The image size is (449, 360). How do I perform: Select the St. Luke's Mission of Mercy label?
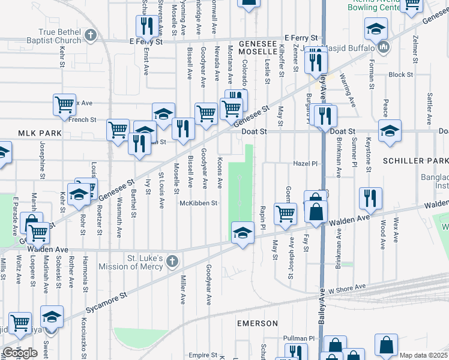142,263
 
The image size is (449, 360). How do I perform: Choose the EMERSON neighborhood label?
257,323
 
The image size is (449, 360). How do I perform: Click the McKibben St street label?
198,203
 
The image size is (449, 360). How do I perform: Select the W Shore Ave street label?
346,287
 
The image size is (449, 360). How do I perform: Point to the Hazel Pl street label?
304,163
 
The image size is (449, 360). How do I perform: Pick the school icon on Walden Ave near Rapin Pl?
241,233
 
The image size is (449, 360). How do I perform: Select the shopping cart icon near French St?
64,104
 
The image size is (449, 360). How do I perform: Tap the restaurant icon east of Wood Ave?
370,197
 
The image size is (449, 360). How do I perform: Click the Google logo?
20,353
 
